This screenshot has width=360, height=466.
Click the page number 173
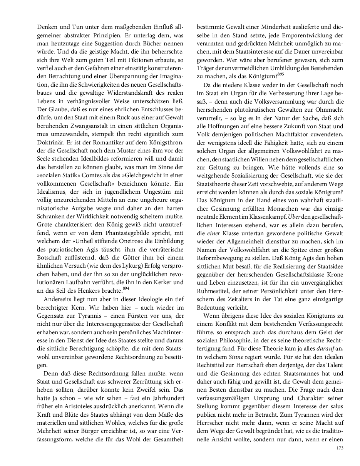click(x=339, y=448)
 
